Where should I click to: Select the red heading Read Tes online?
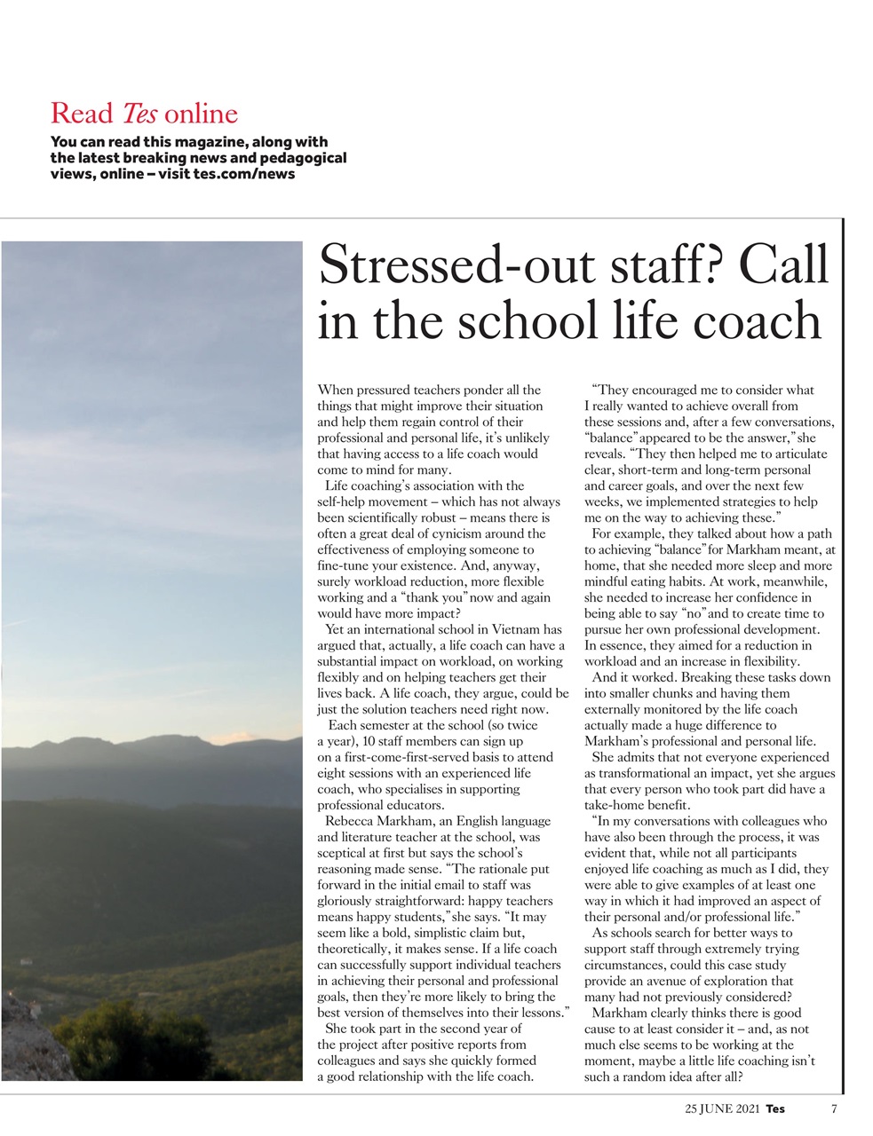[x=144, y=114]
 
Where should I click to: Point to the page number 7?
[x=834, y=1108]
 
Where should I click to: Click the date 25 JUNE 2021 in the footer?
[x=722, y=1108]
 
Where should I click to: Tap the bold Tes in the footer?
[x=775, y=1108]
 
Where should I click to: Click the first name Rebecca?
[x=353, y=821]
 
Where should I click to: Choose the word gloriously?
[x=351, y=901]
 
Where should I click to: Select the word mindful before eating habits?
[x=607, y=581]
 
